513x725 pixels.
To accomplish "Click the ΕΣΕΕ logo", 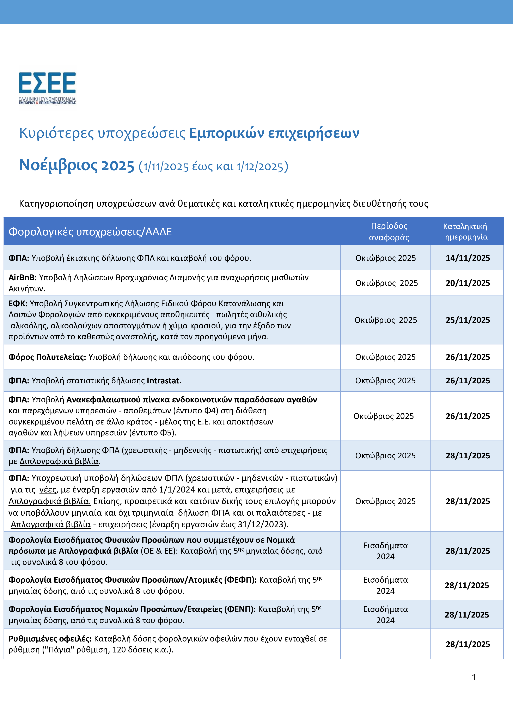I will pyautogui.click(x=47, y=88).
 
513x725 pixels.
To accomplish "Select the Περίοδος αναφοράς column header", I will pyautogui.click(x=389, y=231).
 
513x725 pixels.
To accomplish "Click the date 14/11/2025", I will pyautogui.click(x=468, y=258).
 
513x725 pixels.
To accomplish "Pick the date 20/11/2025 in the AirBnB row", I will pyautogui.click(x=468, y=283).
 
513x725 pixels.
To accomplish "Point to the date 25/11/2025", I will pyautogui.click(x=468, y=320).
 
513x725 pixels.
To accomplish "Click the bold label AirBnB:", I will pyautogui.click(x=22, y=278).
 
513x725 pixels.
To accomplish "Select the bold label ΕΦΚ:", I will pyautogui.click(x=18, y=303).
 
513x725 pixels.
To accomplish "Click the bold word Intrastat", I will pyautogui.click(x=163, y=380).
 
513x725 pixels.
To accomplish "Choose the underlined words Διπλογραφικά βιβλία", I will pyautogui.click(x=59, y=461).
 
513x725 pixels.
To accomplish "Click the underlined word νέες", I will pyautogui.click(x=48, y=490).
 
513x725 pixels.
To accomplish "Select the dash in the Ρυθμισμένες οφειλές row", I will pyautogui.click(x=385, y=644).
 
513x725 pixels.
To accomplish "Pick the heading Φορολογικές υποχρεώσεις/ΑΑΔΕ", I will pyautogui.click(x=90, y=232).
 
